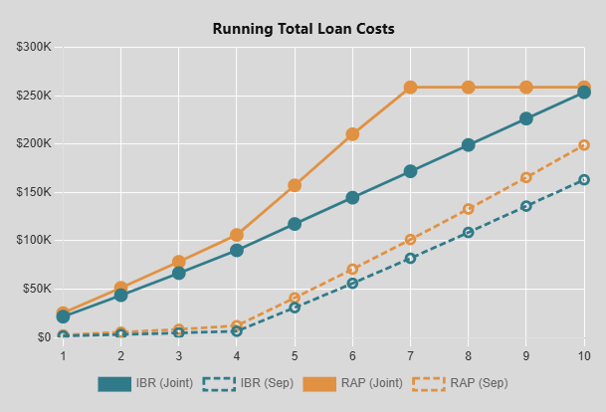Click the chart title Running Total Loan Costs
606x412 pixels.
tap(303, 29)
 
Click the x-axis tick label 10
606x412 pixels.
tap(584, 355)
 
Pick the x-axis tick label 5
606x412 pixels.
tap(295, 355)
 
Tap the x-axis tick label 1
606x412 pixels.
tap(63, 355)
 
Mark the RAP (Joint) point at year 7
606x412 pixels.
tap(410, 88)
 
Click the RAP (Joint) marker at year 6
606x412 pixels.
tap(352, 134)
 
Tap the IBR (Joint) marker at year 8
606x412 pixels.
tap(468, 145)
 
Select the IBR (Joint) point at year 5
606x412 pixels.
tap(295, 224)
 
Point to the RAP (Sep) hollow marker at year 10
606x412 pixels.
tap(584, 145)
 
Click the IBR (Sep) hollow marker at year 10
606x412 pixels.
tap(584, 180)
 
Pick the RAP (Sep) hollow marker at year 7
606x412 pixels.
tap(410, 240)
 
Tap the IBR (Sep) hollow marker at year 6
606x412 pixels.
tap(352, 284)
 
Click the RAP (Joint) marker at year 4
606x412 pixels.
tap(237, 236)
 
